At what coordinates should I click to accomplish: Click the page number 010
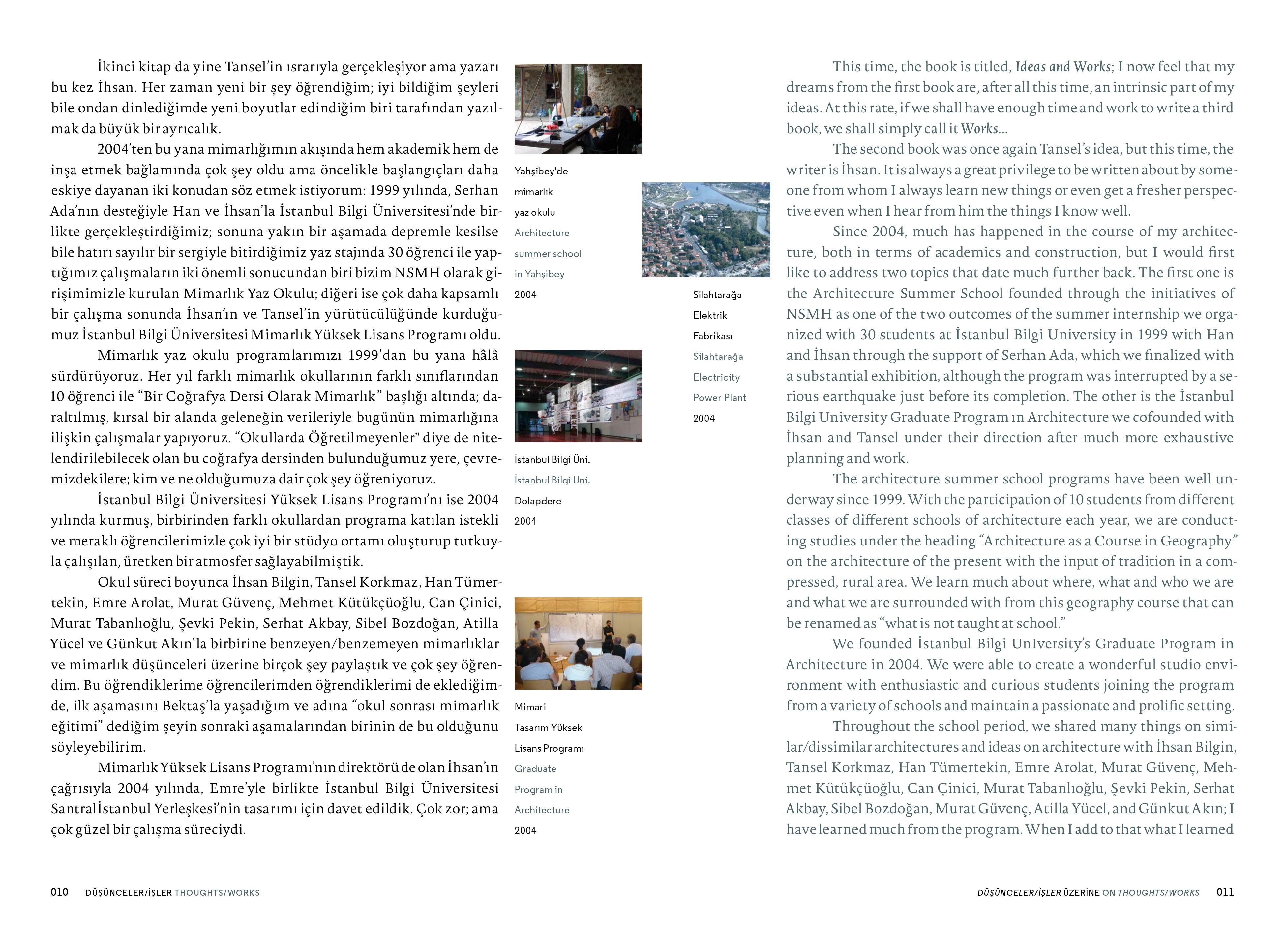[x=59, y=892]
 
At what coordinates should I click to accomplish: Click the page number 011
[x=1225, y=892]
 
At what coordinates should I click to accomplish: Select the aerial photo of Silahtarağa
[x=706, y=230]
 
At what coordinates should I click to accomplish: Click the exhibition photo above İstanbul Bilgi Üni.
[x=578, y=395]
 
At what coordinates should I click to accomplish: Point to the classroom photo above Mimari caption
[x=578, y=643]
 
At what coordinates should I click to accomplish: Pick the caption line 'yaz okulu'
[x=534, y=212]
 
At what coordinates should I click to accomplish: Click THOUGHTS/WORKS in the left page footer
[x=217, y=892]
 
